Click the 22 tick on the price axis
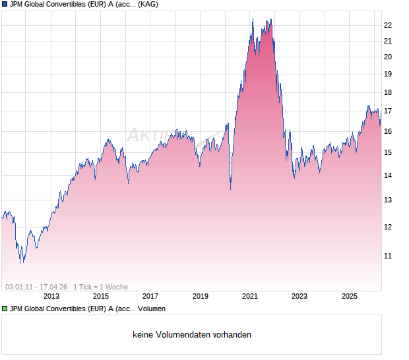[x=388, y=25]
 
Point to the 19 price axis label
[x=388, y=74]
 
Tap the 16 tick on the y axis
[x=388, y=132]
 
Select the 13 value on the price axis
[x=388, y=200]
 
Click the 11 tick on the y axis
[x=388, y=256]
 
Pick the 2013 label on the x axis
[x=51, y=297]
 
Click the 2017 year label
[x=150, y=297]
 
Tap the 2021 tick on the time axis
[x=250, y=297]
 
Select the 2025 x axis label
[x=350, y=297]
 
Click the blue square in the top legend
[x=5, y=4]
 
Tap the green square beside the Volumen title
[x=5, y=309]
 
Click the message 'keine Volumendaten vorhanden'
[x=192, y=335]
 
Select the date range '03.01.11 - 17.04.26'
[x=36, y=287]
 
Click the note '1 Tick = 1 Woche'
[x=100, y=287]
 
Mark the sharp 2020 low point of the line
[x=230, y=189]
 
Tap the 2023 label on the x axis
[x=299, y=297]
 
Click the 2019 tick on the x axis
[x=201, y=297]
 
